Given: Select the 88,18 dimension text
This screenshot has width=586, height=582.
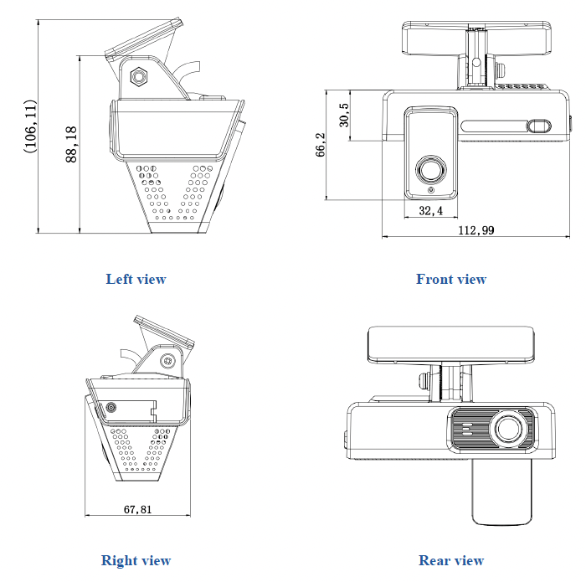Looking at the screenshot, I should coord(71,144).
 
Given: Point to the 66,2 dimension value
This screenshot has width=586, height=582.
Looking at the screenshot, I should coord(321,144).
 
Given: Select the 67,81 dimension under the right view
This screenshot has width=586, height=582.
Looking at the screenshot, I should coord(137,508).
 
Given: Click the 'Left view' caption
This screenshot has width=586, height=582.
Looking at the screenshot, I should coord(136,279).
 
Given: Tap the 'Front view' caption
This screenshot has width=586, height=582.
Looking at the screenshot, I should coord(450,279).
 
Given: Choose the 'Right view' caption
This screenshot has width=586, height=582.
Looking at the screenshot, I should coord(136,560).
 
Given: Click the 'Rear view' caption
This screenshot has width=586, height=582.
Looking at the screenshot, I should coord(451,560).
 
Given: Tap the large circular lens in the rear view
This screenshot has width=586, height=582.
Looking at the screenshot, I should coord(508,429).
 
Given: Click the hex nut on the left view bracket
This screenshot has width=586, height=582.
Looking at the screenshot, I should coord(139,76).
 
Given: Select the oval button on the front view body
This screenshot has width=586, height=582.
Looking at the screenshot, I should coord(538,126).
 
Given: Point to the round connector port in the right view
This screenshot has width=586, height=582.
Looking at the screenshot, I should coord(111,409).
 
